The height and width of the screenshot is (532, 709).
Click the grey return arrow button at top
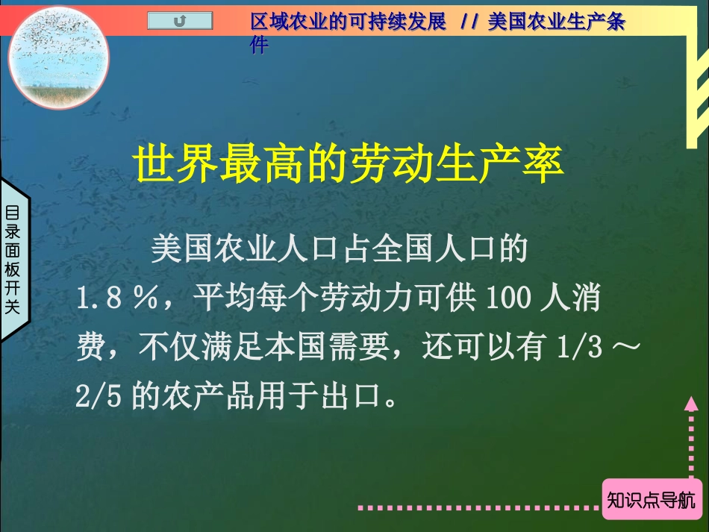[x=180, y=22]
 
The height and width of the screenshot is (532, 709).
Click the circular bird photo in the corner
[x=59, y=58]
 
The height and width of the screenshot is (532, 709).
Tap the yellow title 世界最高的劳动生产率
[x=349, y=166]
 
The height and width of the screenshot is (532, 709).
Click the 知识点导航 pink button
[x=652, y=498]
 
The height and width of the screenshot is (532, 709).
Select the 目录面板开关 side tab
[x=13, y=259]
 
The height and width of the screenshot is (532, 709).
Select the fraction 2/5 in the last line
[x=99, y=396]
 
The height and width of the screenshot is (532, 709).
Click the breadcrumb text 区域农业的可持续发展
[x=348, y=22]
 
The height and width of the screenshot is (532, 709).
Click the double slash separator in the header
[x=469, y=22]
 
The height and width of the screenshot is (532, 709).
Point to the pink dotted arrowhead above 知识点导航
[x=690, y=405]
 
